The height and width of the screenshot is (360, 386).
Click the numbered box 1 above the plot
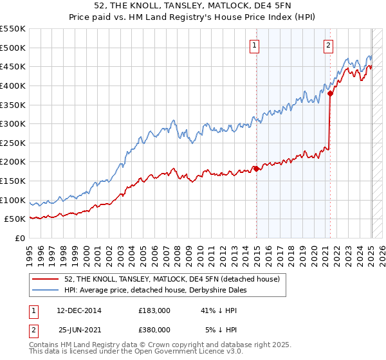(x=255, y=45)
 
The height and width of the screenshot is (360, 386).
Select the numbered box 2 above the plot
(x=329, y=45)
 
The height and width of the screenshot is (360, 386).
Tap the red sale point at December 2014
(x=256, y=168)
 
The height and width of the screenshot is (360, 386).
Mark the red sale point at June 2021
(x=330, y=93)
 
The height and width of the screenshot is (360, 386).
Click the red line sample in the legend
(x=46, y=280)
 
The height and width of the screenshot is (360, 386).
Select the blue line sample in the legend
(x=46, y=290)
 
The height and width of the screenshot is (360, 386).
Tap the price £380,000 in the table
(x=154, y=330)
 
